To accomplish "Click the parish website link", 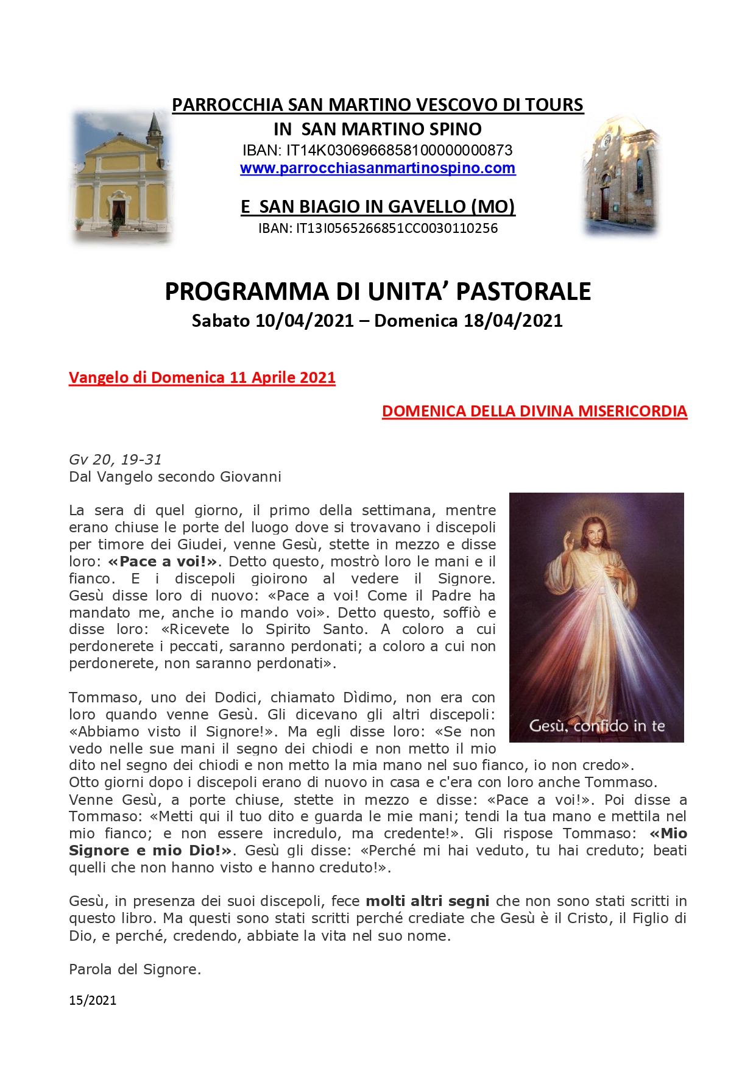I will (378, 168).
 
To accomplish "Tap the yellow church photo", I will (121, 177).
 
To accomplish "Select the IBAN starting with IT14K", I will (377, 150).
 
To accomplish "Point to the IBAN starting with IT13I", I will (378, 229).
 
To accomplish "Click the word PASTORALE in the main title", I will (523, 292).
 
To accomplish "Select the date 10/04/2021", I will (304, 321).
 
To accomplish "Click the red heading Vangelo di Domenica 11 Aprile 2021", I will (202, 378).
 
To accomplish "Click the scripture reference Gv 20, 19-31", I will (115, 460).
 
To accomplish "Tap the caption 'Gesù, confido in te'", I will (596, 726).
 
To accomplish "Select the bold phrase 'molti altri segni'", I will (427, 901).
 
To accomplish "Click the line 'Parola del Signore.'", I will (135, 969).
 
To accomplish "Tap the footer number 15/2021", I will (93, 1000).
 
